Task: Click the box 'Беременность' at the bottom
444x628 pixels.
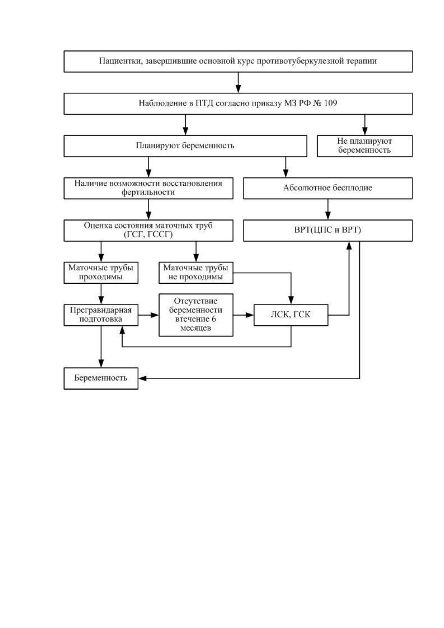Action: click(x=101, y=378)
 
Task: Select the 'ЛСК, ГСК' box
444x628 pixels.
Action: click(x=291, y=315)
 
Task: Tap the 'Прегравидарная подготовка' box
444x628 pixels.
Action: click(x=101, y=315)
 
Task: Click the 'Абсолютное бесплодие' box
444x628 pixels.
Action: click(x=328, y=188)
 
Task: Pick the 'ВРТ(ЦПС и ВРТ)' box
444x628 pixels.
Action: click(x=328, y=230)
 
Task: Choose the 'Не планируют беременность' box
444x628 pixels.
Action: click(x=365, y=146)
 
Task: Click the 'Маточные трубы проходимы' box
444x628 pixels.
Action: click(x=101, y=273)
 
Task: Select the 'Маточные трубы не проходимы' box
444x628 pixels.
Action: click(x=196, y=273)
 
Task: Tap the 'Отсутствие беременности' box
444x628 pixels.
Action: click(x=196, y=315)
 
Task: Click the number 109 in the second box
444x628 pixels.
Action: click(x=330, y=103)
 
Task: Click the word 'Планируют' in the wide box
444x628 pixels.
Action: click(x=158, y=146)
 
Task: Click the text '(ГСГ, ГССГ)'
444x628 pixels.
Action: click(x=148, y=235)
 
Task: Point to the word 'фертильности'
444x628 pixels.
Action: click(x=148, y=192)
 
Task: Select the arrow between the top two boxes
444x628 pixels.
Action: click(x=238, y=82)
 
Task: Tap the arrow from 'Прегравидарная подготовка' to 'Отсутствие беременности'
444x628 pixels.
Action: click(x=148, y=315)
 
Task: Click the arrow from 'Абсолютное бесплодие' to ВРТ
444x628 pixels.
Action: click(x=328, y=209)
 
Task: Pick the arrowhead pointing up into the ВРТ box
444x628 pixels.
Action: click(x=349, y=245)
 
